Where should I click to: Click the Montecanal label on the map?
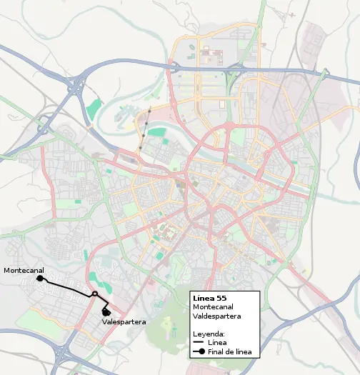23,271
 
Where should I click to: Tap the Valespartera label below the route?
124,322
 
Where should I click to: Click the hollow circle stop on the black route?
94,294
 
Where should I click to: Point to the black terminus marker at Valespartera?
106,311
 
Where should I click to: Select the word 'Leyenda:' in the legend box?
209,334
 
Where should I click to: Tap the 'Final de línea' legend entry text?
229,351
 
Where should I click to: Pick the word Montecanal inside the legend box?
213,306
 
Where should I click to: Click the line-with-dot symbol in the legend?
199,351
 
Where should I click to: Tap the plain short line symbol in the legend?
199,343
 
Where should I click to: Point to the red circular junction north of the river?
230,125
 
